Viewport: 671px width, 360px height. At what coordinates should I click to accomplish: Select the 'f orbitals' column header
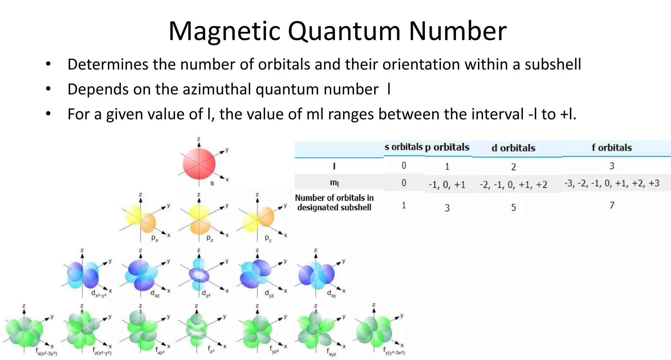(611, 148)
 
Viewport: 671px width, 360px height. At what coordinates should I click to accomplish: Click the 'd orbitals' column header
(513, 148)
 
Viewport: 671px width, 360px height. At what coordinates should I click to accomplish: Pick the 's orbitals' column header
(403, 147)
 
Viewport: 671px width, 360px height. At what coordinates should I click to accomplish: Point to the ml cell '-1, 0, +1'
(447, 185)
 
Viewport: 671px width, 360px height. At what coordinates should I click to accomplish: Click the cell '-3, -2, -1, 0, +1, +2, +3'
(611, 183)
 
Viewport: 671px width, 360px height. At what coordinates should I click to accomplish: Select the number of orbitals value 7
(611, 205)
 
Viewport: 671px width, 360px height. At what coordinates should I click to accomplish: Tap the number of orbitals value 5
(513, 207)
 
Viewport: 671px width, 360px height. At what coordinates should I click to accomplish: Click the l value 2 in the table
(513, 167)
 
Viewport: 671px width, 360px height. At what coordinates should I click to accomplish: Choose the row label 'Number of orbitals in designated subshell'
(334, 202)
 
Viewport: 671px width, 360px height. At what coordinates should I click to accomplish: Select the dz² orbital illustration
(199, 275)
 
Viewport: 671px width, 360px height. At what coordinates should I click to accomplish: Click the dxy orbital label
(332, 294)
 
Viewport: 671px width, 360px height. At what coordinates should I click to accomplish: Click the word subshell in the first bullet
(553, 65)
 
